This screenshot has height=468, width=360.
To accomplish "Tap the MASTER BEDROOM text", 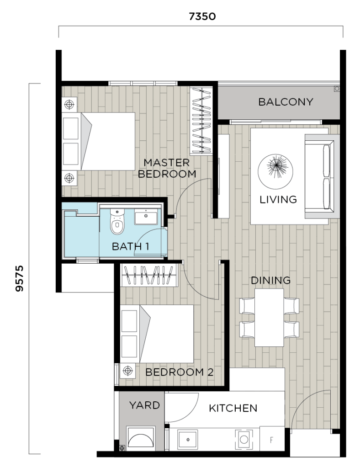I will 167,168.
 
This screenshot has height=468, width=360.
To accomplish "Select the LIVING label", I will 278,199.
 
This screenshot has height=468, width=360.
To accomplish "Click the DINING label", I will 270,280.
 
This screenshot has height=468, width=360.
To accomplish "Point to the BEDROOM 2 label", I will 179,372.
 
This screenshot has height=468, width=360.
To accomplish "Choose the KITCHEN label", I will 233,408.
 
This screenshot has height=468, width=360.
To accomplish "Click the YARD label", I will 144,405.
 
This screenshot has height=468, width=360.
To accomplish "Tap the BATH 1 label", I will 131,247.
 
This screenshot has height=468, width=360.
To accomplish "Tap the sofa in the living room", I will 322,176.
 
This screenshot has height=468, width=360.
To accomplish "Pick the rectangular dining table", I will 269,317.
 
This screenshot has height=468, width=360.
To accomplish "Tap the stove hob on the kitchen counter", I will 244,440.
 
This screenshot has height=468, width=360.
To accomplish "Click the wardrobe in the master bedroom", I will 201,121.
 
